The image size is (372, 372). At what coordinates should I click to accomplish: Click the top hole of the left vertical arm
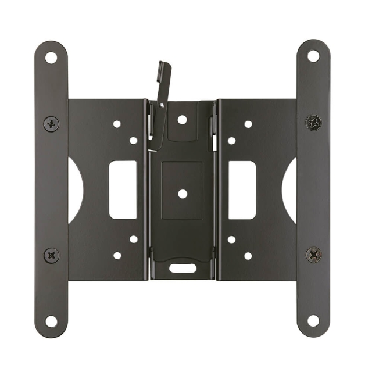point(51,58)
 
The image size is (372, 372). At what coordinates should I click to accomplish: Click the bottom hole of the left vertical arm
point(51,320)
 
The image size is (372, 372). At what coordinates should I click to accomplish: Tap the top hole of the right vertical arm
point(313,56)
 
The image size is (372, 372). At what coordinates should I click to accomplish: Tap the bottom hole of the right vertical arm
point(313,320)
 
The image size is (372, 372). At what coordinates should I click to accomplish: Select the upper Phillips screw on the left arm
point(51,123)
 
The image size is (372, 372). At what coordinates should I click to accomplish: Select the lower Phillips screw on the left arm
point(51,255)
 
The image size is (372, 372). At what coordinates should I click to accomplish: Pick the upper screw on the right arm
point(314,123)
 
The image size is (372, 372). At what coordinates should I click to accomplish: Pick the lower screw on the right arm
point(314,254)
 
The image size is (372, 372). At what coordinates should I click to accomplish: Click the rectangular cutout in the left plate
point(123,189)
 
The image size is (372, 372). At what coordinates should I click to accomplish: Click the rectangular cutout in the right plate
point(242,189)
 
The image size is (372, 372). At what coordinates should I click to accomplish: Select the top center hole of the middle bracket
point(182,120)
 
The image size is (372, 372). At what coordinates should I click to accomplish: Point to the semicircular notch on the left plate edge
point(74,189)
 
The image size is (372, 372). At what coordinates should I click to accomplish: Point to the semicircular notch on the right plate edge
point(290,189)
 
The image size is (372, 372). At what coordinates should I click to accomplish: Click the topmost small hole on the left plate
point(117,124)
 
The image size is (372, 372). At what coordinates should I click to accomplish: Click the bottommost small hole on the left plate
point(117,255)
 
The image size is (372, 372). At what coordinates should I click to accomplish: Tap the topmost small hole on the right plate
point(248,124)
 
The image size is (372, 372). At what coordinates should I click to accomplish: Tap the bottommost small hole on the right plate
point(248,255)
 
